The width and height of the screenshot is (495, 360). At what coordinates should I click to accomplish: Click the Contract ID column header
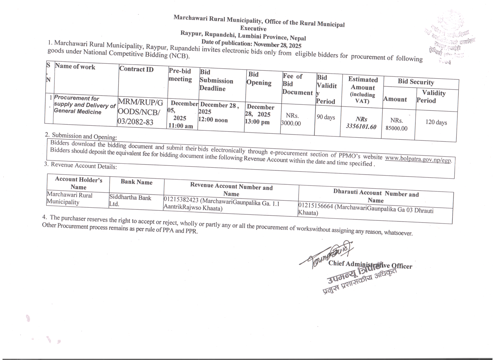pos(136,70)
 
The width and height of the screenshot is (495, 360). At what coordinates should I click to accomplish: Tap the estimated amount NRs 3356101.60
pos(360,123)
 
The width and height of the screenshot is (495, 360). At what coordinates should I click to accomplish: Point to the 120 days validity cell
pos(436,122)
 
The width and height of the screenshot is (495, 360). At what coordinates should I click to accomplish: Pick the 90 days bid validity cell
pos(326,117)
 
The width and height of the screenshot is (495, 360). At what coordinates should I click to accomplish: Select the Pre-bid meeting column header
pos(180,75)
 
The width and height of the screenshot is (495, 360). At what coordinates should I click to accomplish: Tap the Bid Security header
pos(416,82)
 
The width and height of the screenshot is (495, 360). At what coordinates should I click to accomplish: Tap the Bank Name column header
pos(136,182)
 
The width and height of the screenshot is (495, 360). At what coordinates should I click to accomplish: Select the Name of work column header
pos(75,67)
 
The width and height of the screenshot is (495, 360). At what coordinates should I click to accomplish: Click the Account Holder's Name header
pos(78,183)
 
